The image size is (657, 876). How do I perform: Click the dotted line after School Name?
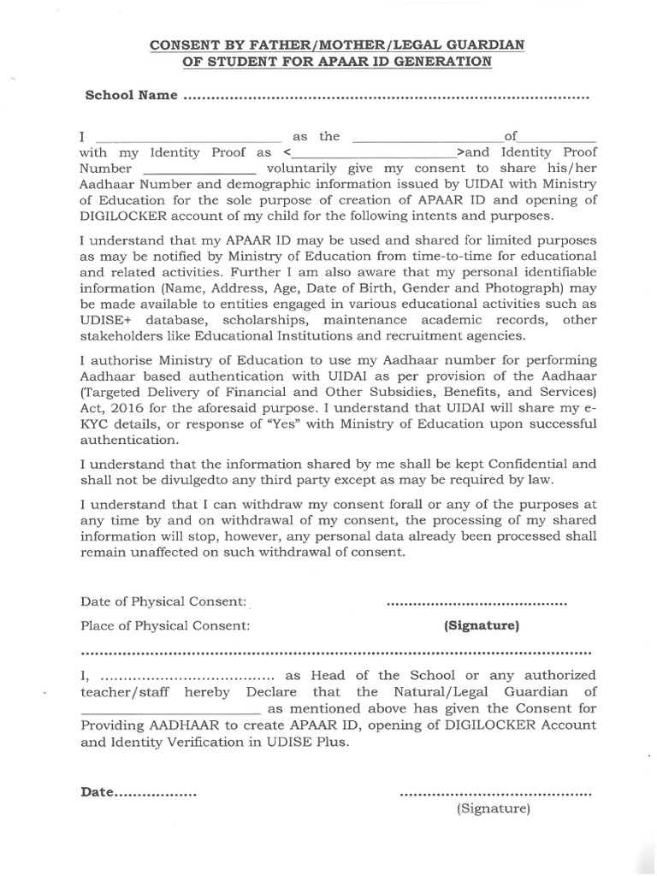[387, 97]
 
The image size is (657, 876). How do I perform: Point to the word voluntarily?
[304, 169]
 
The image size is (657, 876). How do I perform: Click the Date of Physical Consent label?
[164, 602]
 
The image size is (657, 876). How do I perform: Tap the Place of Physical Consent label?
[165, 625]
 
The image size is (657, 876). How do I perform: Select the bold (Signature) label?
[482, 625]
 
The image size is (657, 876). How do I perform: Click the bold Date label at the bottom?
[98, 792]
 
